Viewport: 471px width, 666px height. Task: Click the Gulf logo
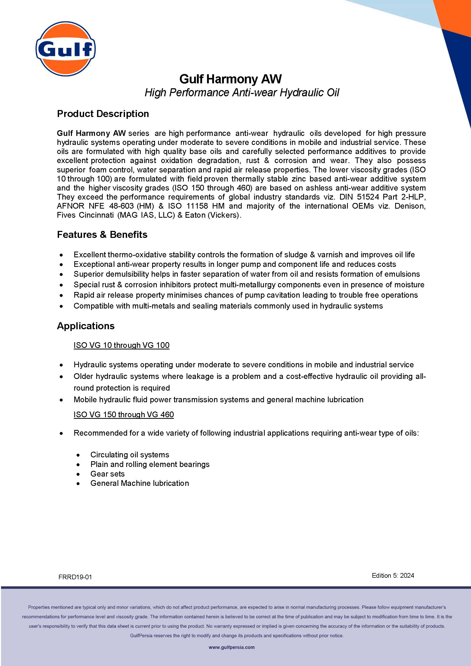pyautogui.click(x=65, y=49)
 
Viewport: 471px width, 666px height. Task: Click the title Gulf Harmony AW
pyautogui.click(x=230, y=79)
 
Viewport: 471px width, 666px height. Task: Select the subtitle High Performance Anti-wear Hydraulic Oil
pyautogui.click(x=242, y=92)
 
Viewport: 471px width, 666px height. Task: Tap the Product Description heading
pyautogui.click(x=103, y=114)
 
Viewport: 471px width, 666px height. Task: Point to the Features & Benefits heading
pyautogui.click(x=102, y=234)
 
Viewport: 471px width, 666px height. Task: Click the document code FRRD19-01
pyautogui.click(x=75, y=577)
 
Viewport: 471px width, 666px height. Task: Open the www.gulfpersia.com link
pyautogui.click(x=231, y=647)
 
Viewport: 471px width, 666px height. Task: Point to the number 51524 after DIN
pyautogui.click(x=368, y=197)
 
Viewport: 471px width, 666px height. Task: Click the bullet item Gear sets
pyautogui.click(x=107, y=474)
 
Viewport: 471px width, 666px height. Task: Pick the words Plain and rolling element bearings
pyautogui.click(x=150, y=464)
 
